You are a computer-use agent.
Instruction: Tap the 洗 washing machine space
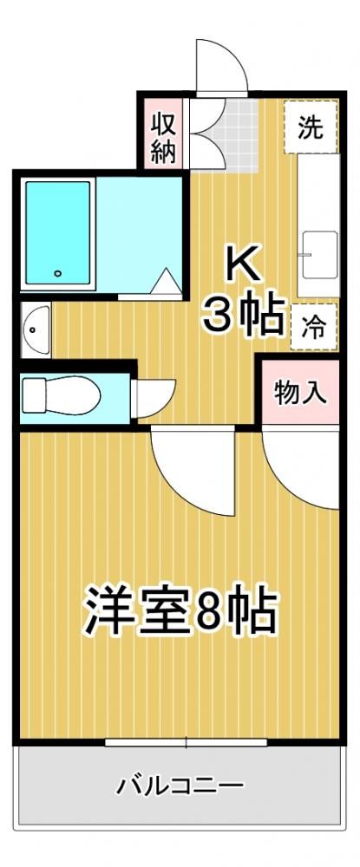(311, 127)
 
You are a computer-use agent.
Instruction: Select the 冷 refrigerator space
(313, 327)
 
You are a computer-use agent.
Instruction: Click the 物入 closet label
(298, 393)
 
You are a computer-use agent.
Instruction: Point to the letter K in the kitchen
(241, 267)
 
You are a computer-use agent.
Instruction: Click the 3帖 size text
(243, 314)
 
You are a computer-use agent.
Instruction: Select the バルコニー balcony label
(180, 785)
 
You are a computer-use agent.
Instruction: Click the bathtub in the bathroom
(57, 232)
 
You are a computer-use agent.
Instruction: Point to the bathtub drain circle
(57, 272)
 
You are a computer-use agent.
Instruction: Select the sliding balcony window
(187, 742)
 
